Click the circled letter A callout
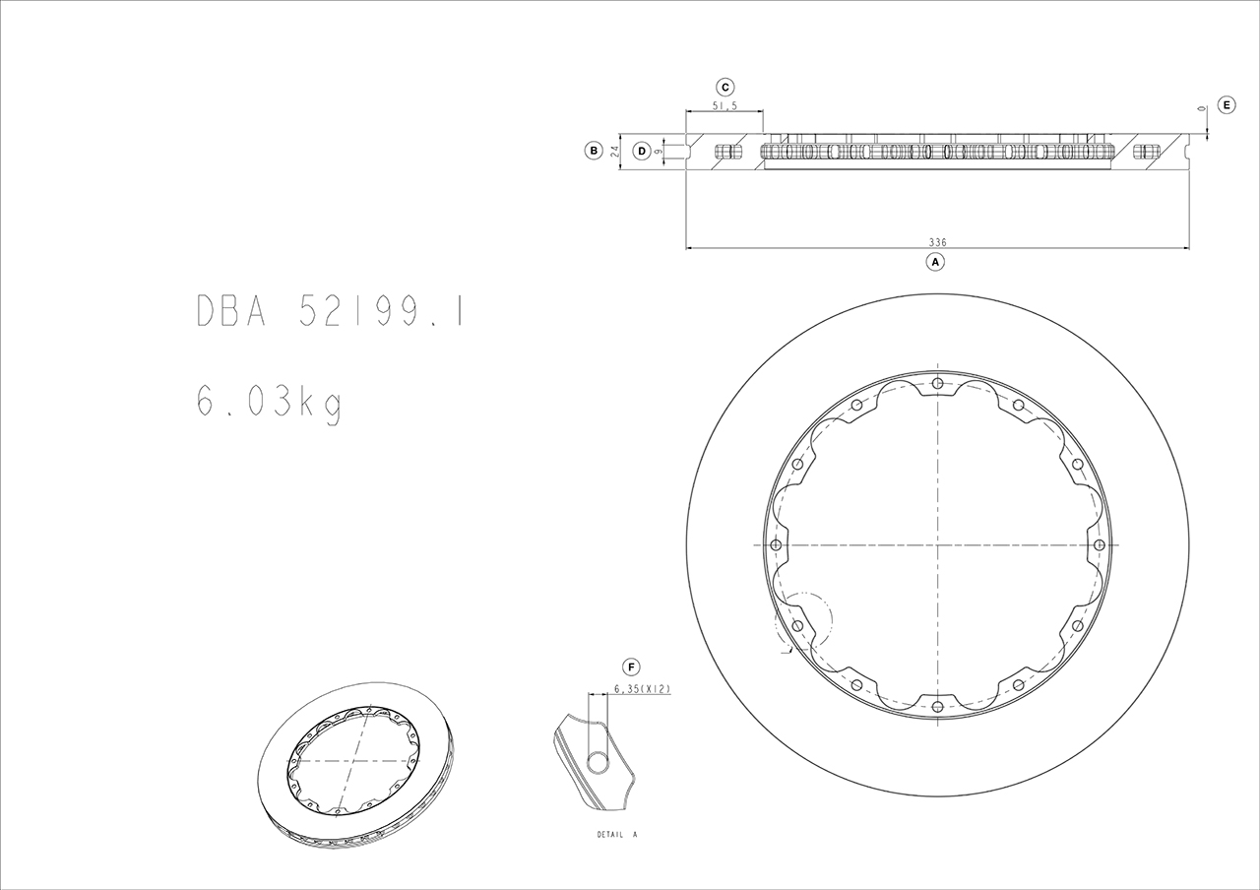936,262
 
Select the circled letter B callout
594,151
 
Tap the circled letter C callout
724,87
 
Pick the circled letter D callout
642,151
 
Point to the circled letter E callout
1227,104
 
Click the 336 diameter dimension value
936,241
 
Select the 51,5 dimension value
724,105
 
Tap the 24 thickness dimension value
614,151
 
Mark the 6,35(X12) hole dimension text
642,689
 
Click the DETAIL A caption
617,834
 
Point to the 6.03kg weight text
268,403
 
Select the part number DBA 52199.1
330,311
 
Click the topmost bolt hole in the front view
937,384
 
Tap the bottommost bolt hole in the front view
937,705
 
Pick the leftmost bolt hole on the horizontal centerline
776,544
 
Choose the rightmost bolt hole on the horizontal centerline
1099,544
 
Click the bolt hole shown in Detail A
598,761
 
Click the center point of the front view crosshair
937,544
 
